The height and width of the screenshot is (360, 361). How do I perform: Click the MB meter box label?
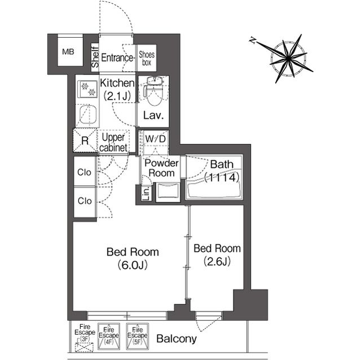(68, 52)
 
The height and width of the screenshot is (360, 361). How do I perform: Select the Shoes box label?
(147, 59)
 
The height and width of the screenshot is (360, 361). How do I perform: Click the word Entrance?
(117, 57)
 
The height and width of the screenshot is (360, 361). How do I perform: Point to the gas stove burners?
(87, 89)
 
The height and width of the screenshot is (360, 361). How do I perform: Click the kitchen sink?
(88, 114)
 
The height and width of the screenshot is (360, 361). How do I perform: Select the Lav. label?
(153, 115)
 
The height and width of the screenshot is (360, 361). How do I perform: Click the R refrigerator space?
(85, 140)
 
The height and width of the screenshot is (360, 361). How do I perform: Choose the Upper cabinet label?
(113, 143)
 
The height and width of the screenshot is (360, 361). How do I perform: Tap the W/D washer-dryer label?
(156, 139)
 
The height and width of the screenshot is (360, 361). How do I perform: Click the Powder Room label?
(162, 168)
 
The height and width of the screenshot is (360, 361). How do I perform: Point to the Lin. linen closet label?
(147, 193)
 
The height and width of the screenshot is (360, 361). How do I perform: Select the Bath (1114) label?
(222, 171)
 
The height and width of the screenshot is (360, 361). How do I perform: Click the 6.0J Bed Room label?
(133, 259)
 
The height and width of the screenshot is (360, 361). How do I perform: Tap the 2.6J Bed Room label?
(217, 255)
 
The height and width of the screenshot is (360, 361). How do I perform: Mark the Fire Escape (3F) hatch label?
(85, 332)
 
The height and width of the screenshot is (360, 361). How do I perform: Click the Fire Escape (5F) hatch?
(138, 336)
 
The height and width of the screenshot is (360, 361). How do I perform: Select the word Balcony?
(177, 339)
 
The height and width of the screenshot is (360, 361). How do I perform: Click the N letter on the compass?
(253, 41)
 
